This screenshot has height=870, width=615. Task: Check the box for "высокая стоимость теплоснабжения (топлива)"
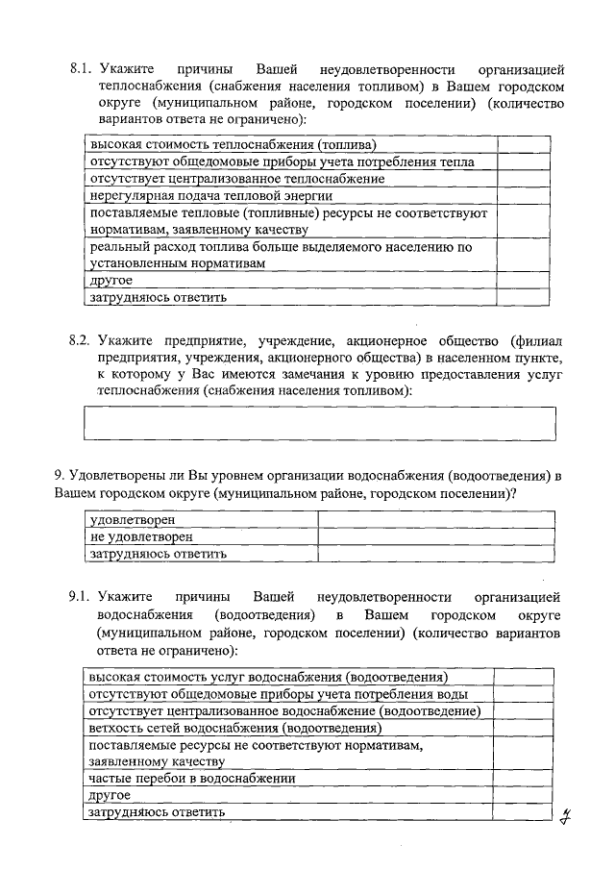coord(525,144)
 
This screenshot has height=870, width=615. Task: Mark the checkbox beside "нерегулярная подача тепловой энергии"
coord(525,195)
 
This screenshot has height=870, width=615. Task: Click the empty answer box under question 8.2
coord(319,423)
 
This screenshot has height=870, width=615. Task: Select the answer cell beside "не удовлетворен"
coord(436,536)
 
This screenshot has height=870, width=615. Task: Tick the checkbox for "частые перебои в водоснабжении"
coord(520,780)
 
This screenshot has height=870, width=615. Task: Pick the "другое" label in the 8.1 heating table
coord(111,281)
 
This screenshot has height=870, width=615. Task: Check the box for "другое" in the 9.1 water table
coord(520,796)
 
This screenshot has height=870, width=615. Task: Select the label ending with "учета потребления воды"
coord(279,694)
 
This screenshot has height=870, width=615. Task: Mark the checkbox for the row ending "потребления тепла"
coord(525,162)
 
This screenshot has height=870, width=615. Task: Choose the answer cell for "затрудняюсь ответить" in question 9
coord(436,554)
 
